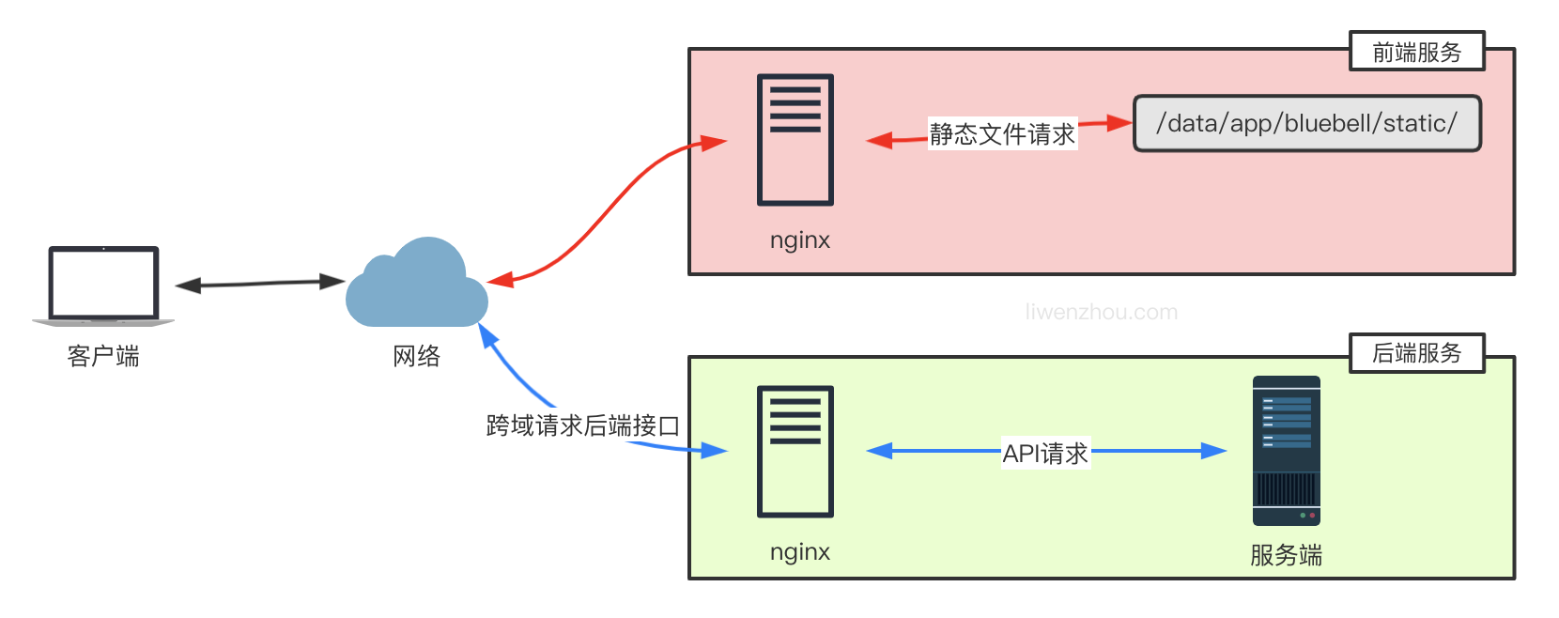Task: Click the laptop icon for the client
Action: (x=103, y=286)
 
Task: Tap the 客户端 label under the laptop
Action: (x=103, y=357)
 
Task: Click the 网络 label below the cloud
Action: (x=416, y=357)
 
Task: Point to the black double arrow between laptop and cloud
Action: (x=259, y=283)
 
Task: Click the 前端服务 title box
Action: (x=1416, y=52)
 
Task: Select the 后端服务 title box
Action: (x=1416, y=353)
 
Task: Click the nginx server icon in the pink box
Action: (x=795, y=140)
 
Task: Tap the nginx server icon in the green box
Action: (x=795, y=452)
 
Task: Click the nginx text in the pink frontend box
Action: (x=800, y=240)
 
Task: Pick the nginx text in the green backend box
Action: (x=800, y=552)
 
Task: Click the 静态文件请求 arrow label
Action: (x=1001, y=134)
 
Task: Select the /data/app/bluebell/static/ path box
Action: (x=1306, y=123)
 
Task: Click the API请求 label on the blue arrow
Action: (x=1044, y=454)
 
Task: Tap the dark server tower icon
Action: (x=1286, y=451)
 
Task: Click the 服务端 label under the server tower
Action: (x=1286, y=556)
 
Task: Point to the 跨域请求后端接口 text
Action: (x=582, y=426)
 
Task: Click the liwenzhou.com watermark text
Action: (x=1101, y=313)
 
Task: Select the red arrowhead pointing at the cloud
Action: (x=499, y=280)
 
